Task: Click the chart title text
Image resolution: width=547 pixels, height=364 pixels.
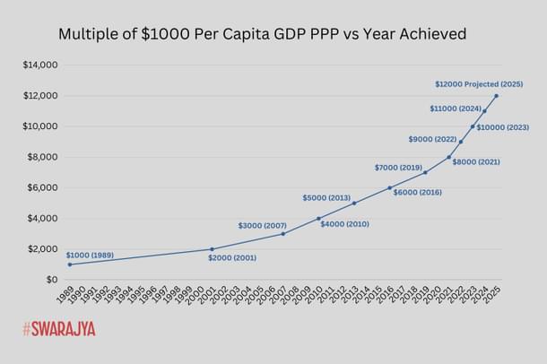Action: tap(262, 35)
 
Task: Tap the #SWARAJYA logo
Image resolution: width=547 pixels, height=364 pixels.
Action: tap(59, 329)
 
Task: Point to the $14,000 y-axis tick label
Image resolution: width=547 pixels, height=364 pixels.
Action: tap(40, 65)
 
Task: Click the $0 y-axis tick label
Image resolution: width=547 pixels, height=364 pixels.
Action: tap(51, 280)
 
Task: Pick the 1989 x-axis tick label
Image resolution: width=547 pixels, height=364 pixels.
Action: tap(65, 295)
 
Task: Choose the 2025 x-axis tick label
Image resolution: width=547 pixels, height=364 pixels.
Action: tap(492, 295)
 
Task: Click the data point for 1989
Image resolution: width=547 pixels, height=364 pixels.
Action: tap(69, 264)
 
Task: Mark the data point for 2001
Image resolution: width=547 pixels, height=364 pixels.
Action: tap(212, 249)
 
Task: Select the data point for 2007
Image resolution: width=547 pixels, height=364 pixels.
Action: tap(282, 234)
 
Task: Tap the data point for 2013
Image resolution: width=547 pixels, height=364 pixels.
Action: tap(354, 204)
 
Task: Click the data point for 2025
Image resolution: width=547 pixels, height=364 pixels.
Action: tap(496, 96)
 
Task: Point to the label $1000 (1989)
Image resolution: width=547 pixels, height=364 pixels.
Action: tap(89, 255)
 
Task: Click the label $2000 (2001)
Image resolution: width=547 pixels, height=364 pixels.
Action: tap(232, 258)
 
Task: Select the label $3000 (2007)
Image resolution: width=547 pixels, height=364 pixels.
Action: tap(262, 225)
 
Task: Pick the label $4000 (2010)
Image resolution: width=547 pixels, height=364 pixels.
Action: tap(344, 223)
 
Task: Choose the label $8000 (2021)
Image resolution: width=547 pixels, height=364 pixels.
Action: tap(475, 162)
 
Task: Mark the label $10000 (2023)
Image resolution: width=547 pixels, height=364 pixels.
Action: tap(502, 127)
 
